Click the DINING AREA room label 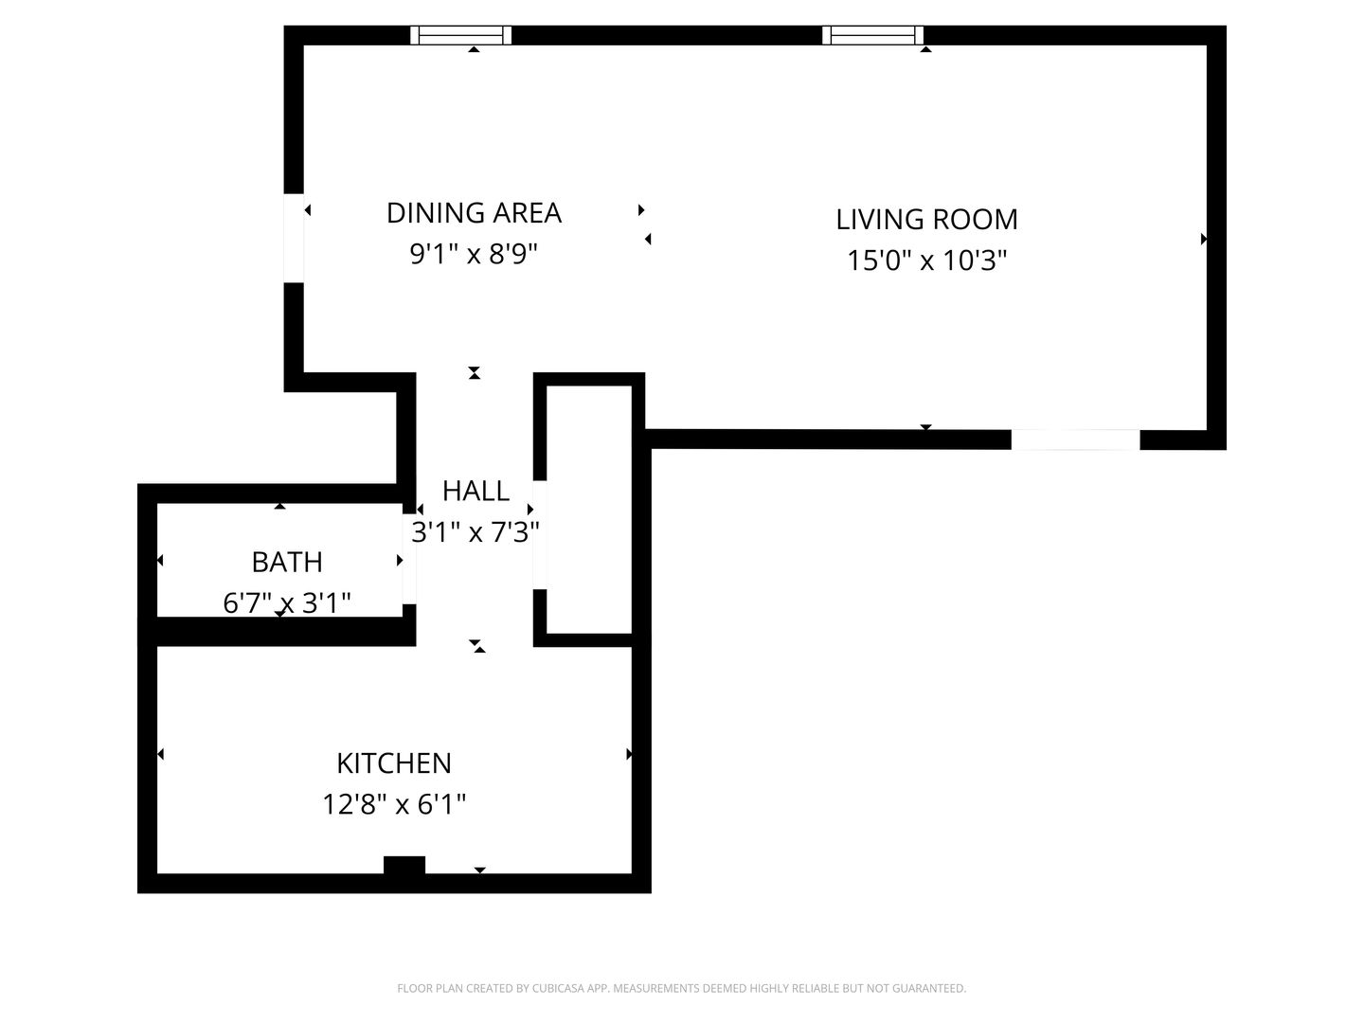[x=474, y=213]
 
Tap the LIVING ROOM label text [x=926, y=219]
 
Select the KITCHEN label [x=394, y=763]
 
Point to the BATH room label [x=287, y=562]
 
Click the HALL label [x=476, y=491]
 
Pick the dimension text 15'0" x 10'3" [x=926, y=260]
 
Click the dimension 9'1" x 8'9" [x=474, y=254]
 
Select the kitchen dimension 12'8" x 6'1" [x=394, y=804]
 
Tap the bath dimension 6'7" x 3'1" [x=287, y=602]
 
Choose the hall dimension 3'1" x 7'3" [x=476, y=531]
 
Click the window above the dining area [x=460, y=35]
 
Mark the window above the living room [x=872, y=35]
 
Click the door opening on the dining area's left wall [x=294, y=239]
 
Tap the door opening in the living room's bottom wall [x=1075, y=440]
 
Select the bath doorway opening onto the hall [x=409, y=559]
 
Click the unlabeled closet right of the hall [x=589, y=510]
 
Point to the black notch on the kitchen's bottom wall [x=404, y=865]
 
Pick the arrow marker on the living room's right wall [x=1204, y=239]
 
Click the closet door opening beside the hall [x=540, y=535]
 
